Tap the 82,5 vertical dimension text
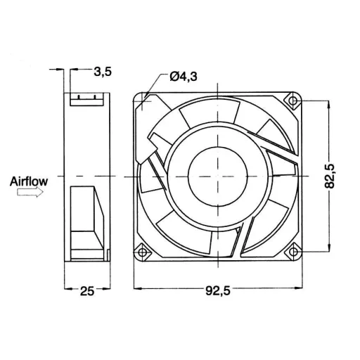[338, 174]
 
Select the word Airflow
[29, 181]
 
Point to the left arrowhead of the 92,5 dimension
[138, 288]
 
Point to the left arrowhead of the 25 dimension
[69, 288]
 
